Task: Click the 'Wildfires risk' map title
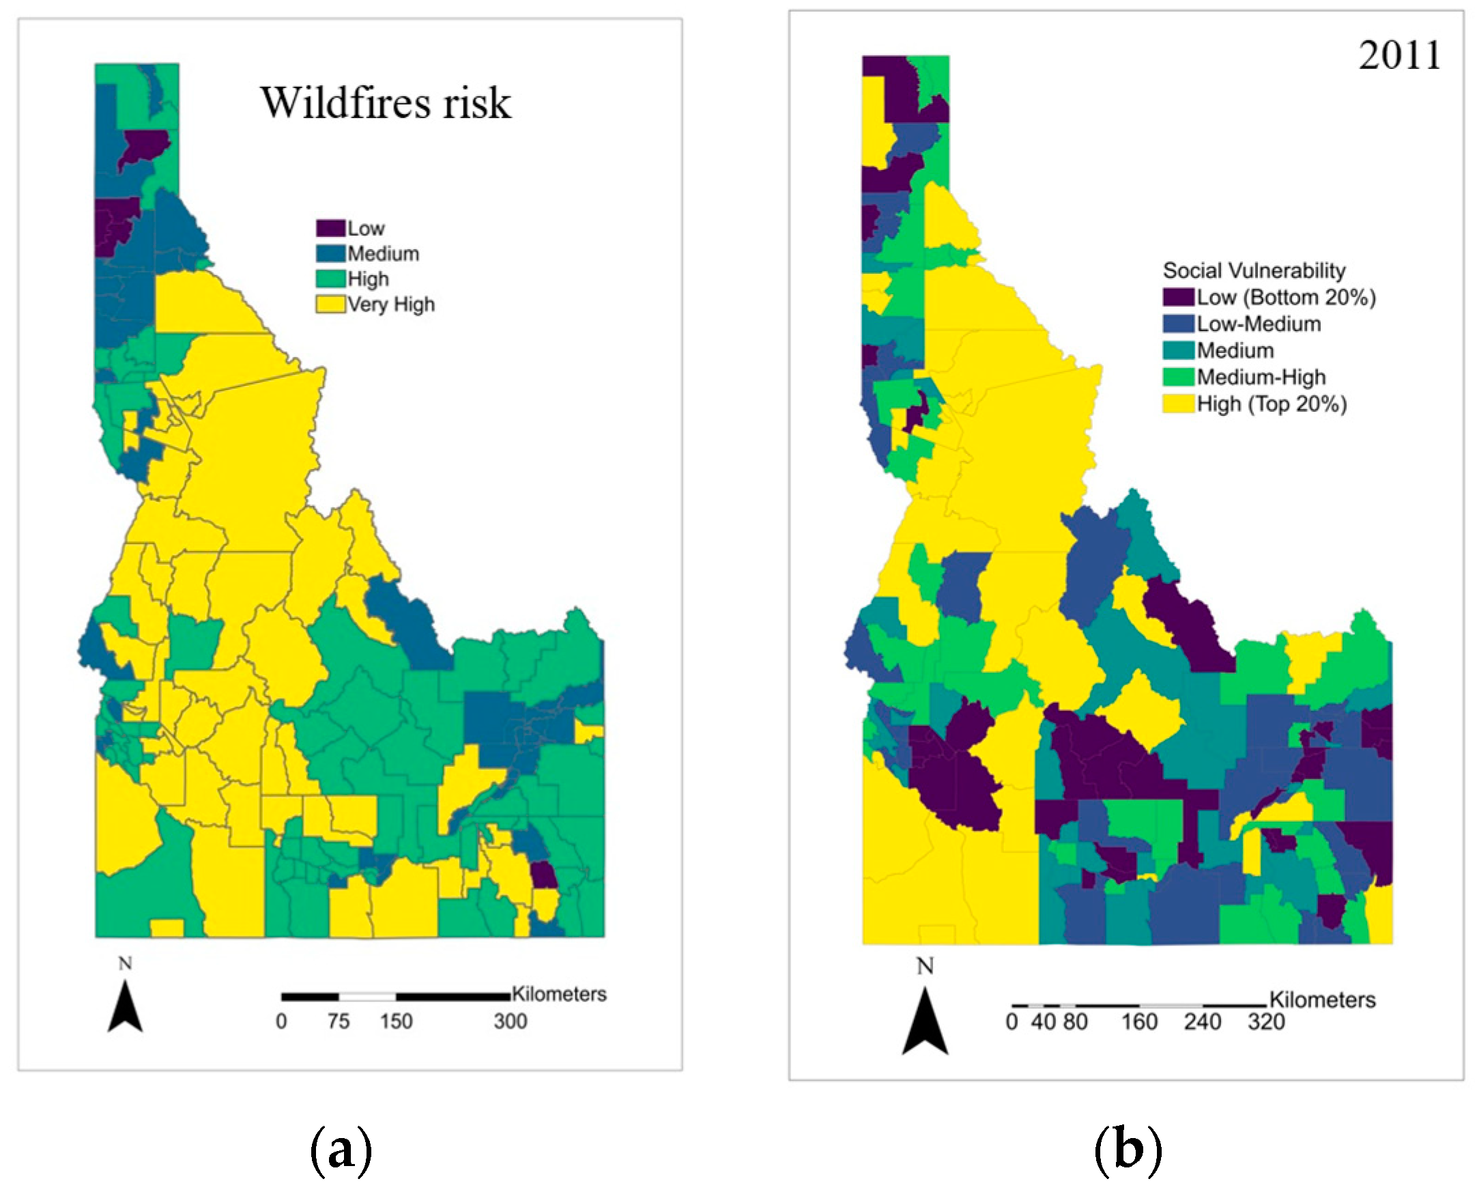tap(385, 103)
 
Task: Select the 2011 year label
tap(1399, 55)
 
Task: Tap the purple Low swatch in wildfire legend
tap(330, 228)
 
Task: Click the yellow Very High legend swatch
tap(330, 304)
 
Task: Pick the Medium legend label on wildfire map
tap(383, 254)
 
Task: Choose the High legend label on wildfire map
tap(368, 279)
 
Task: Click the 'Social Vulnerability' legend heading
tap(1254, 270)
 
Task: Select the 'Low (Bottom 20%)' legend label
tap(1286, 297)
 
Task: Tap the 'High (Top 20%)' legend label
tap(1272, 403)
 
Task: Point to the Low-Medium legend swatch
tap(1179, 324)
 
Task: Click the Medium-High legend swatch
tap(1179, 377)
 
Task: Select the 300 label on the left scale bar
tap(510, 1022)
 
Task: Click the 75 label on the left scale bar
tap(339, 1022)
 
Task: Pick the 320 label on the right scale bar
tap(1265, 1023)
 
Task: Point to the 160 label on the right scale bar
tap(1139, 1023)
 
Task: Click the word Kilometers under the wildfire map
tap(559, 994)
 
